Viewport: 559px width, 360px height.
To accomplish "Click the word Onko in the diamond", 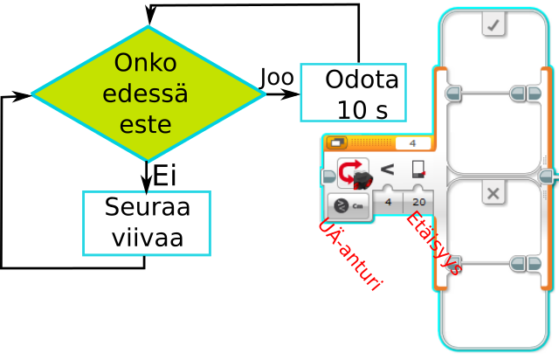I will point(145,63).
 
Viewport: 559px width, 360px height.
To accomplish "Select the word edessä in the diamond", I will point(145,93).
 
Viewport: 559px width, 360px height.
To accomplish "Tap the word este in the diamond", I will point(145,124).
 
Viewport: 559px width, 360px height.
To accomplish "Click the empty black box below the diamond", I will point(147,224).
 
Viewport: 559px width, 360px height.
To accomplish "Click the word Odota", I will point(362,80).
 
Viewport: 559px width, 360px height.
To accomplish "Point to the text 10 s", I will point(362,110).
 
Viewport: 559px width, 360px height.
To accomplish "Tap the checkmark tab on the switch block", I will point(494,24).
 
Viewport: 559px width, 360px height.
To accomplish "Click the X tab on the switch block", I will point(493,193).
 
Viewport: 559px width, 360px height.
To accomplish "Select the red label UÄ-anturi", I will point(349,255).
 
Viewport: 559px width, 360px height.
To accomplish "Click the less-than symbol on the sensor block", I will point(387,169).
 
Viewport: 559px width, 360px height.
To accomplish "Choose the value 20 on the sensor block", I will point(418,202).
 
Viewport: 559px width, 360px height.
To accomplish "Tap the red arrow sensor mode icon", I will point(352,172).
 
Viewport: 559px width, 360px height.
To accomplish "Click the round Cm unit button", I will point(348,205).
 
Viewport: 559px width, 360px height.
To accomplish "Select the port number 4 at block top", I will point(412,143).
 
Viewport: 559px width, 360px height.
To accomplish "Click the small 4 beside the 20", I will point(388,202).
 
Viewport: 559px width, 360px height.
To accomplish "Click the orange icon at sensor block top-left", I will point(336,143).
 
